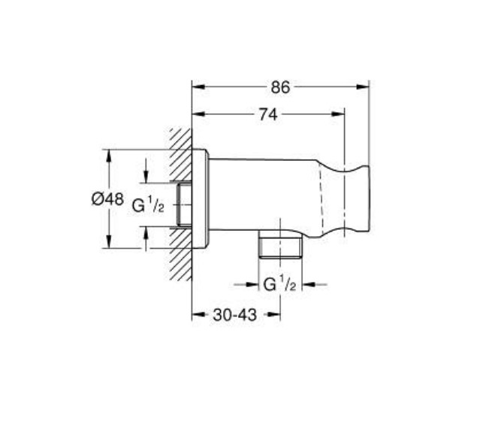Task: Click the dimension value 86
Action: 280,87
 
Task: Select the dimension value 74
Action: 268,115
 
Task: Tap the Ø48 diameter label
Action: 107,200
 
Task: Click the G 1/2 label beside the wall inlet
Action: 148,204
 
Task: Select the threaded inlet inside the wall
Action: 184,204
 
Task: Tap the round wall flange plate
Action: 200,200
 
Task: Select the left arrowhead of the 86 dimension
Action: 198,87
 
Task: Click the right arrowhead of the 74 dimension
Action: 341,115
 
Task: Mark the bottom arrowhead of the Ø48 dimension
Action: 110,245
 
